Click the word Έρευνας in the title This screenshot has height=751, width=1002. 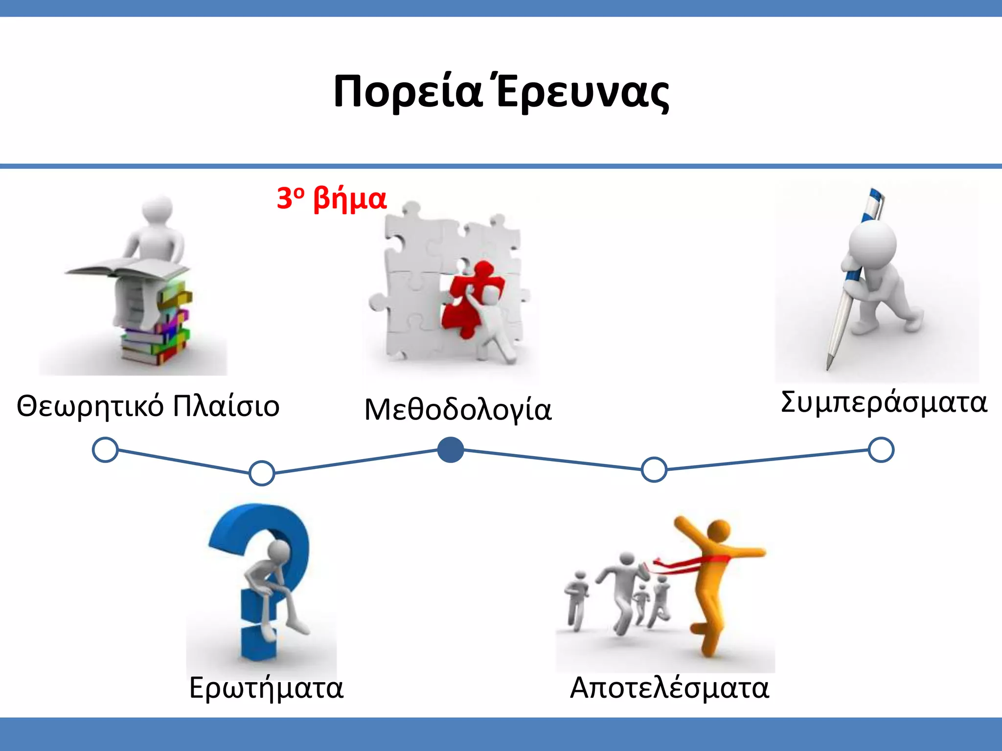(x=582, y=93)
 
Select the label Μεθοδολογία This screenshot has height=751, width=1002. (x=458, y=409)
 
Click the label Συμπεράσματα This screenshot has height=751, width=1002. (x=884, y=402)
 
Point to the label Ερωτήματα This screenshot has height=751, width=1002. (x=266, y=688)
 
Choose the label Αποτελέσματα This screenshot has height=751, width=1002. (x=669, y=688)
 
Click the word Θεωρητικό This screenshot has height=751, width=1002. (x=90, y=406)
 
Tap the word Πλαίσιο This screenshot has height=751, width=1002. (x=226, y=406)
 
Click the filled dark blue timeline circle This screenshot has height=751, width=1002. (x=450, y=450)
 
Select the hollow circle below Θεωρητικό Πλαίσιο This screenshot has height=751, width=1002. (x=105, y=450)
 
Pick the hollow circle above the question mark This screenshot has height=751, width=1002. (x=262, y=473)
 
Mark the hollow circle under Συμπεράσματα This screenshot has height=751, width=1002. (x=881, y=450)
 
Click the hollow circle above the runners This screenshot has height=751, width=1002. (x=654, y=469)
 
